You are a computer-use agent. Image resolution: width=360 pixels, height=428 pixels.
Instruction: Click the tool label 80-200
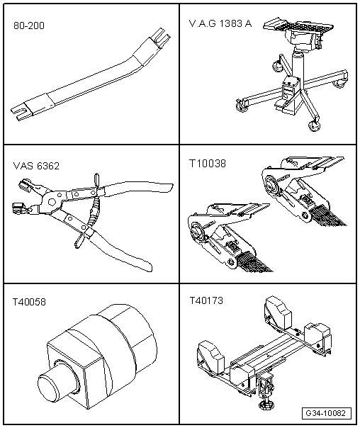point(29,26)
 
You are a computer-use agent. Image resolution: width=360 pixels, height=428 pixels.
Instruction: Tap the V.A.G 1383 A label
point(220,24)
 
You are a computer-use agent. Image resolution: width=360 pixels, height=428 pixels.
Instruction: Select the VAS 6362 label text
point(36,166)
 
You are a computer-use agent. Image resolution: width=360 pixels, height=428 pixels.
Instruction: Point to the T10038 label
point(208,164)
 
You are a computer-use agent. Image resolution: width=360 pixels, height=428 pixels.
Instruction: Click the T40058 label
point(29,302)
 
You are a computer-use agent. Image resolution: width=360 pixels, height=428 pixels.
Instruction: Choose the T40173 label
point(206,300)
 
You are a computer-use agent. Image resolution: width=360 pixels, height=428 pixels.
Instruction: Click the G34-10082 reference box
point(327,413)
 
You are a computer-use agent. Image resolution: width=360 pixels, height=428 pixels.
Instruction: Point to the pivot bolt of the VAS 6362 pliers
point(51,202)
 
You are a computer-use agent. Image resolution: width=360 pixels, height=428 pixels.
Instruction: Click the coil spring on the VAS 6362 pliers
point(94,212)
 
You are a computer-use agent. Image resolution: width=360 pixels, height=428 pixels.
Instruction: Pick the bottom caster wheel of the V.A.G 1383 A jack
point(313,125)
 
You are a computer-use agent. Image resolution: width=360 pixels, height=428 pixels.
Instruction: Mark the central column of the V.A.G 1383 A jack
point(298,65)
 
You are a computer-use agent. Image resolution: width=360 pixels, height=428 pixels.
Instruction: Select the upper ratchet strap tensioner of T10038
point(303,191)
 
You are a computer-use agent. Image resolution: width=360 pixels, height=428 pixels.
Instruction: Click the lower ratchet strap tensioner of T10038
point(230,237)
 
